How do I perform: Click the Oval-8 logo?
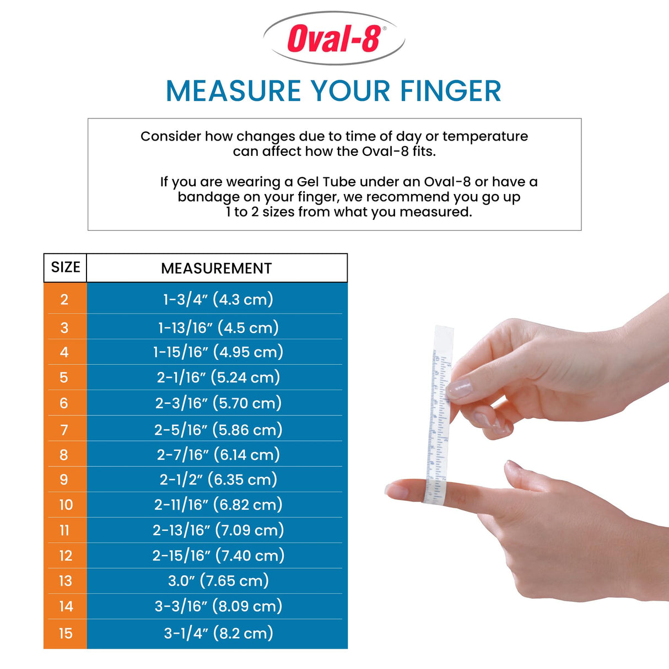(334, 39)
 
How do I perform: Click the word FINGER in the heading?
(450, 91)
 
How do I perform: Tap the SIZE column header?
(66, 268)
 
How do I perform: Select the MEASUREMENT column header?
(217, 268)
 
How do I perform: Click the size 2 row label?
(64, 300)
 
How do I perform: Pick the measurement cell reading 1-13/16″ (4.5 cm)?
(218, 328)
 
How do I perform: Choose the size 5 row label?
(64, 377)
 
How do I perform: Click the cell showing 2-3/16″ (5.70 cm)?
(218, 403)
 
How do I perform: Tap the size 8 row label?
(64, 455)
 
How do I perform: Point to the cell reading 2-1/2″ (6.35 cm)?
(218, 480)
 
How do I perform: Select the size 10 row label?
(66, 505)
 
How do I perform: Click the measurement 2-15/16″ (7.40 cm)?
(218, 555)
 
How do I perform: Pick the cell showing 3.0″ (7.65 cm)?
(218, 581)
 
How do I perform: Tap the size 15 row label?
(66, 634)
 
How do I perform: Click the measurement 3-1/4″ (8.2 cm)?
(218, 634)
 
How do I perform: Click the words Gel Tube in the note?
(327, 182)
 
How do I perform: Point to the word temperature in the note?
(485, 136)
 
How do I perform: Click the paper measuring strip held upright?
(439, 413)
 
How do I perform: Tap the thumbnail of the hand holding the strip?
(459, 389)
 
